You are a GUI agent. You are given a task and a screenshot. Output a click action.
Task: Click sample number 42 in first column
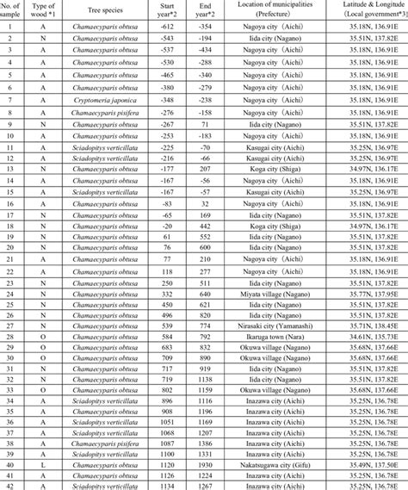point(11,483)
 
